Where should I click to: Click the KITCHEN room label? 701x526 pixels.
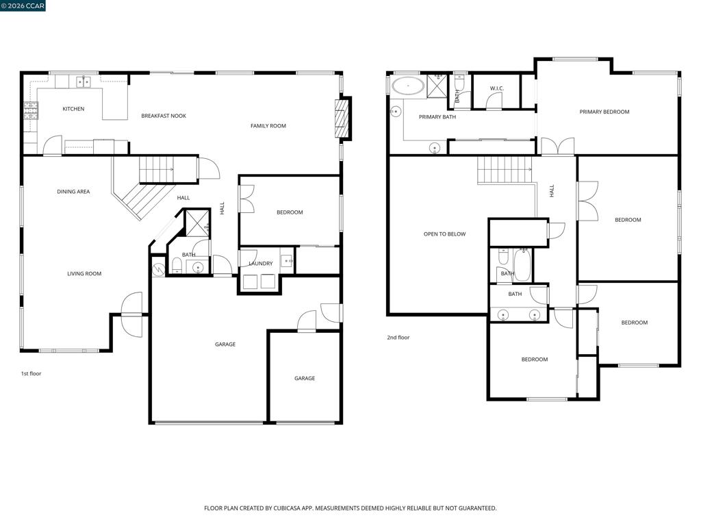(73, 109)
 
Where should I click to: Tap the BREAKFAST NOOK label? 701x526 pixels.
(164, 116)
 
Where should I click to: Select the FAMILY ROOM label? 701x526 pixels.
(268, 126)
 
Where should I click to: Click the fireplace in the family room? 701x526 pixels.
(342, 118)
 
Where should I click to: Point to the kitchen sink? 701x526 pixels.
(83, 82)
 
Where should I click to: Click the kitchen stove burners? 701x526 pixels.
(30, 110)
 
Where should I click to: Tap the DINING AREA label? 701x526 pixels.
(73, 192)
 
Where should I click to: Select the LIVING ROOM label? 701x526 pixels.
(84, 274)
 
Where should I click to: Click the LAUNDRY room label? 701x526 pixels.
(261, 264)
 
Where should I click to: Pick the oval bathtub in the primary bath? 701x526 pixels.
(408, 86)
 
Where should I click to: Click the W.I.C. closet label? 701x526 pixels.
(497, 88)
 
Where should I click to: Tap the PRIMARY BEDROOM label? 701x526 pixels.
(604, 112)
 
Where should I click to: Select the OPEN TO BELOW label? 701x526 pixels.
(444, 234)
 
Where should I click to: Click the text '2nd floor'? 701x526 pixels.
(398, 338)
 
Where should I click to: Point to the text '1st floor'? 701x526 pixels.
(31, 373)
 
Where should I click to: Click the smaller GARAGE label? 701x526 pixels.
(305, 378)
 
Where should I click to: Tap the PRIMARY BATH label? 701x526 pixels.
(437, 116)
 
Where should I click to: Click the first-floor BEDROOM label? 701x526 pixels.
(290, 212)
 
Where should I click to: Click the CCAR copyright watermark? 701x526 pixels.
(23, 5)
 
